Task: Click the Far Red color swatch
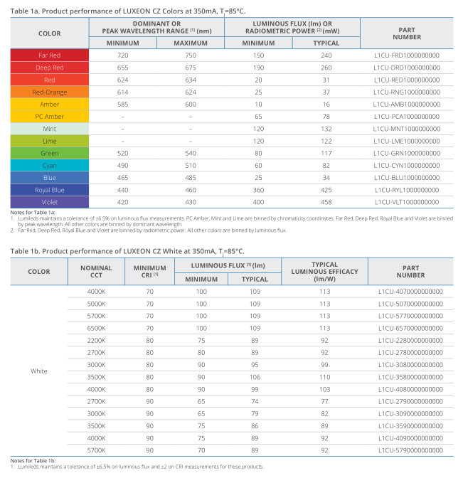click(50, 55)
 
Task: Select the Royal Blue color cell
click(50, 190)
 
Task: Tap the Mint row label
click(50, 129)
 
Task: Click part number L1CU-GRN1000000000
click(407, 153)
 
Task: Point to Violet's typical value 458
click(326, 202)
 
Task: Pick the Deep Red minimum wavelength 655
click(122, 68)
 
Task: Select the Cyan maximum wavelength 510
click(191, 166)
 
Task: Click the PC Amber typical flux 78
click(326, 117)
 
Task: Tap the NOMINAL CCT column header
click(96, 272)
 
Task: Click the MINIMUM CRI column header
click(149, 272)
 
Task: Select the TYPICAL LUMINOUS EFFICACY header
click(324, 272)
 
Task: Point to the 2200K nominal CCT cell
click(96, 341)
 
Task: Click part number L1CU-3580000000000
click(410, 377)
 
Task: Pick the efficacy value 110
click(324, 377)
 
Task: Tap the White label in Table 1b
click(39, 371)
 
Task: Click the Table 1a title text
click(128, 11)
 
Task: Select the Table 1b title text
click(127, 251)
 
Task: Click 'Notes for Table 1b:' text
click(33, 461)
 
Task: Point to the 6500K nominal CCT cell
click(96, 329)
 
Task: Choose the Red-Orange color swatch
click(50, 92)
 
